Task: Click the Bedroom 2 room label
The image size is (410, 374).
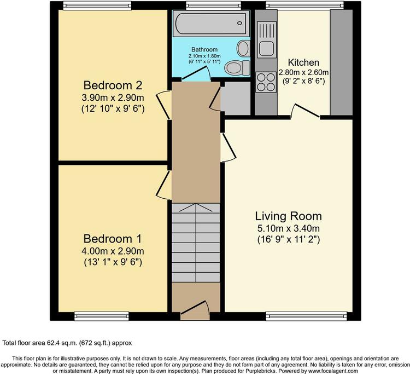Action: [x=113, y=85]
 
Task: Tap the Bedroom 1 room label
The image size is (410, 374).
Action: [x=113, y=239]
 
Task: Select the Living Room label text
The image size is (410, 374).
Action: [x=289, y=216]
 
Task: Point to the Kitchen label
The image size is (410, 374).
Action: [x=303, y=62]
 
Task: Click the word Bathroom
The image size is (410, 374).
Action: [x=204, y=49]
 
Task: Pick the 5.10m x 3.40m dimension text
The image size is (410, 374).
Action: [x=289, y=228]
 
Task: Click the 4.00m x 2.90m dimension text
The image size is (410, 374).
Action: [x=113, y=251]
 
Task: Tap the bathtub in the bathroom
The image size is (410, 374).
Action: [x=211, y=24]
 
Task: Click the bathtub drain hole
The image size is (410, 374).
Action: [x=239, y=23]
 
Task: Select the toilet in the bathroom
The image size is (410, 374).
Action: [x=237, y=67]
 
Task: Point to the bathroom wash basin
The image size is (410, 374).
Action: [x=243, y=48]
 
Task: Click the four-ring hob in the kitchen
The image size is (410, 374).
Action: [x=266, y=82]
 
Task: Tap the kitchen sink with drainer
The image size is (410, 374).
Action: [x=267, y=40]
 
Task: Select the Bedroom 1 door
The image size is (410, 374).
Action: [x=164, y=186]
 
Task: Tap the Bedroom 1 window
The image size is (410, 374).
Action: [x=102, y=316]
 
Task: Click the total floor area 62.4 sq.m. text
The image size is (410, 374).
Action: [x=67, y=343]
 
